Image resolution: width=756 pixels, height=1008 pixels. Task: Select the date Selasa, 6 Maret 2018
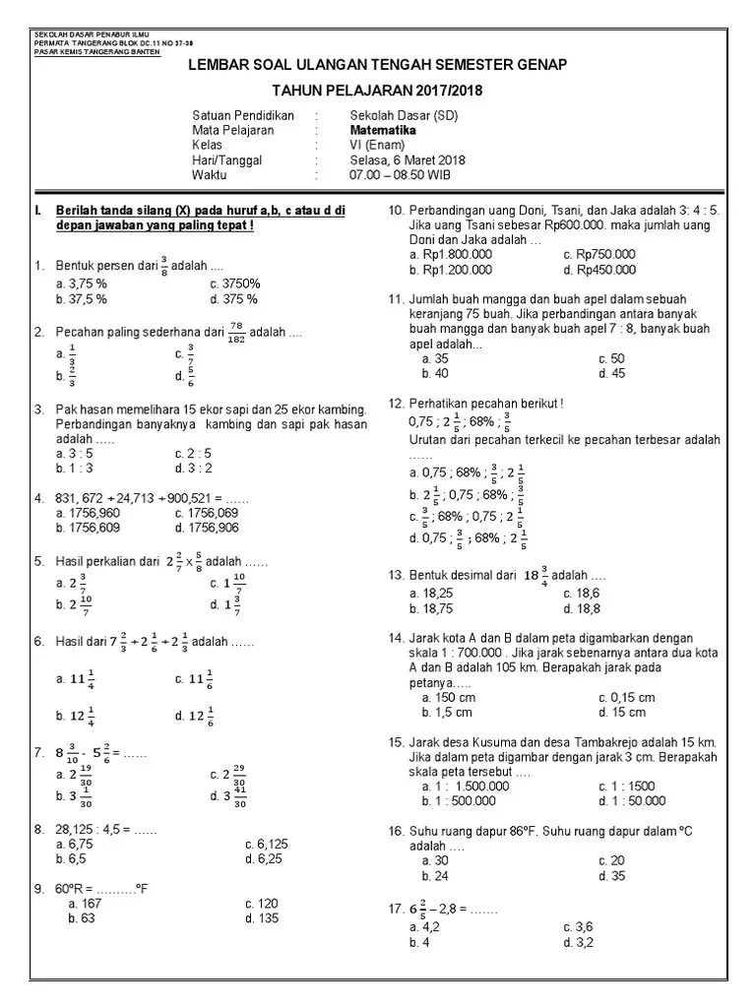click(x=394, y=159)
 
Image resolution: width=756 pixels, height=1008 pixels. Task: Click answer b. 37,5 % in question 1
click(x=83, y=299)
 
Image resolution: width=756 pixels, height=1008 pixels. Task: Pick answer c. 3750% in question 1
click(x=235, y=283)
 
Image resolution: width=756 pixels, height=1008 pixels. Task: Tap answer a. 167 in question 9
click(x=86, y=903)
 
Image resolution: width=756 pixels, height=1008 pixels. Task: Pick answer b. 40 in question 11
click(x=435, y=373)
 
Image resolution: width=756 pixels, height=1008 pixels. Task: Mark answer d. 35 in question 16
click(x=611, y=875)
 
